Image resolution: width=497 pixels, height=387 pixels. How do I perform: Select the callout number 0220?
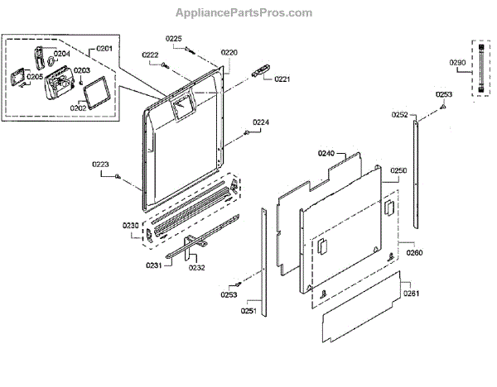click(x=229, y=52)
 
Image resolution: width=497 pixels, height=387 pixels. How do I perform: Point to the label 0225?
click(x=173, y=39)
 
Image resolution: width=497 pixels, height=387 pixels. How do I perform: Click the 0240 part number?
click(x=326, y=154)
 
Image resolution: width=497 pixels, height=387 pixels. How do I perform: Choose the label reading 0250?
click(x=398, y=170)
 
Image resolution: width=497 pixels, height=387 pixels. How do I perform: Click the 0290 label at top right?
click(x=458, y=62)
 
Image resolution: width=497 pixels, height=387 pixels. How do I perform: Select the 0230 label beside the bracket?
click(x=130, y=225)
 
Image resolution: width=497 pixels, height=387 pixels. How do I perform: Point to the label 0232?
click(x=196, y=267)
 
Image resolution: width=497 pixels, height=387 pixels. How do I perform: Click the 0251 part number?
click(x=248, y=311)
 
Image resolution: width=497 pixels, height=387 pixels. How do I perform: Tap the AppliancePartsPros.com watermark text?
click(x=244, y=12)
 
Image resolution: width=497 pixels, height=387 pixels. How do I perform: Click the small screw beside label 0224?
click(x=248, y=132)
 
